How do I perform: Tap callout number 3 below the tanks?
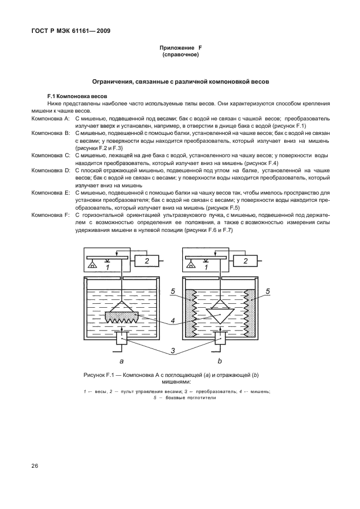pyautogui.click(x=173, y=350)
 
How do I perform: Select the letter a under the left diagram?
pyautogui.click(x=122, y=361)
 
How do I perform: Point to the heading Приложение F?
pyautogui.click(x=180, y=49)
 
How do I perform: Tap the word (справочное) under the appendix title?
pyautogui.click(x=180, y=56)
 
